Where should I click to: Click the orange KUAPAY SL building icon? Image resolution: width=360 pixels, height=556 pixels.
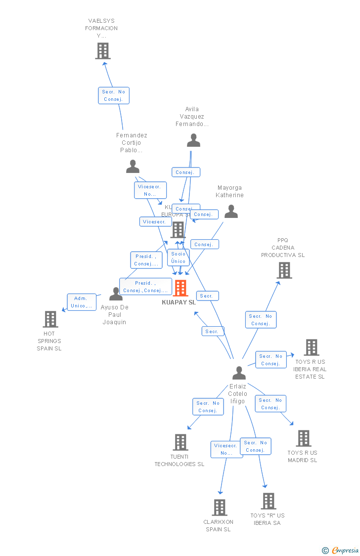click(x=180, y=288)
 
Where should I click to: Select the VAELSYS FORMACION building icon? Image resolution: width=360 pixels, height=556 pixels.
click(x=103, y=50)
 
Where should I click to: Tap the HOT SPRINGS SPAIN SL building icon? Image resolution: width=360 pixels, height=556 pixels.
click(x=50, y=319)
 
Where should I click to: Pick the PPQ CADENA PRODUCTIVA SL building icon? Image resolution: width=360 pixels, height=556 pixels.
click(x=284, y=270)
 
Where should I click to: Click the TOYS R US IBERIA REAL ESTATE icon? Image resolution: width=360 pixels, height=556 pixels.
click(x=312, y=347)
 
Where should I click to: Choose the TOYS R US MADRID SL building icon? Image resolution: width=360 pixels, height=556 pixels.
click(x=304, y=438)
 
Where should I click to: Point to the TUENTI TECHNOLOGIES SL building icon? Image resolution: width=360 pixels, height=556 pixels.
click(x=180, y=442)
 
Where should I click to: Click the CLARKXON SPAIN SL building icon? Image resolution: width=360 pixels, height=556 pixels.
click(x=220, y=508)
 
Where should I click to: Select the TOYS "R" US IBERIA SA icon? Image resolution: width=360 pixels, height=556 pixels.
click(x=269, y=501)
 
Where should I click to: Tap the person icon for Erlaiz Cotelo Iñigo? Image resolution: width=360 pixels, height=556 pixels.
click(x=239, y=373)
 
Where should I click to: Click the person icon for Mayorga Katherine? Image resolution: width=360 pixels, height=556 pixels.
click(x=231, y=212)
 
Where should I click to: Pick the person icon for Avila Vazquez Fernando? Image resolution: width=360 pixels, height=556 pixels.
click(x=193, y=140)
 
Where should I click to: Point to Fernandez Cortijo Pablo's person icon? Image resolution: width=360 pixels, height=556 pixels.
click(x=133, y=167)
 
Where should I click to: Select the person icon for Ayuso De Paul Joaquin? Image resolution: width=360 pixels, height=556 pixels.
click(x=116, y=294)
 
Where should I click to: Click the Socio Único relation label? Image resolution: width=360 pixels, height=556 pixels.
click(x=179, y=257)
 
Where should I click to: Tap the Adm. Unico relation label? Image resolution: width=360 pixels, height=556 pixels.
click(x=82, y=302)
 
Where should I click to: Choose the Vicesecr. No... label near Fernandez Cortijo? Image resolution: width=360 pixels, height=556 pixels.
click(x=150, y=190)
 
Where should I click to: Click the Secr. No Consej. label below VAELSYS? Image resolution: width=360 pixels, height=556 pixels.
click(x=114, y=95)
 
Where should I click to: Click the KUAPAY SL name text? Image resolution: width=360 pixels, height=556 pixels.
click(x=179, y=302)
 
